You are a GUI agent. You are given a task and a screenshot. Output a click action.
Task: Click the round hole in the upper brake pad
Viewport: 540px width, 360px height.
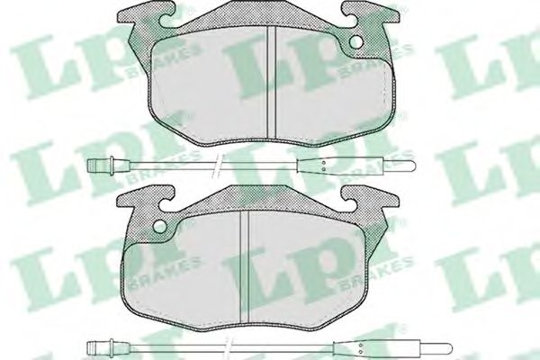(x=355, y=41)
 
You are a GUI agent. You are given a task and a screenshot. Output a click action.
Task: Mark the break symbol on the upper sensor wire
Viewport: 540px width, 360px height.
(x=214, y=166)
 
